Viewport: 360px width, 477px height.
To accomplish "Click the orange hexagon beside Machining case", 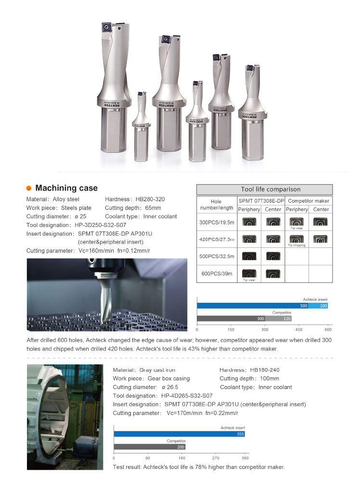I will [29, 188].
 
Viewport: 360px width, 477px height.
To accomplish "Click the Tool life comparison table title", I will [264, 189].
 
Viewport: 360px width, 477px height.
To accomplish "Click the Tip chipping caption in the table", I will [297, 245].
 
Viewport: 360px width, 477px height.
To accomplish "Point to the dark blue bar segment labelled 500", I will [252, 306].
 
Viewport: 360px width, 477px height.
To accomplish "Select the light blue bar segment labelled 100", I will [318, 306].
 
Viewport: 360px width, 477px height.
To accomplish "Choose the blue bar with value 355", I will [179, 434].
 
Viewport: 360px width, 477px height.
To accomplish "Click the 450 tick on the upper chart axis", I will [296, 330].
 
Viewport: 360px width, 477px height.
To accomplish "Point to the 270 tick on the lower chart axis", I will [216, 458].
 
